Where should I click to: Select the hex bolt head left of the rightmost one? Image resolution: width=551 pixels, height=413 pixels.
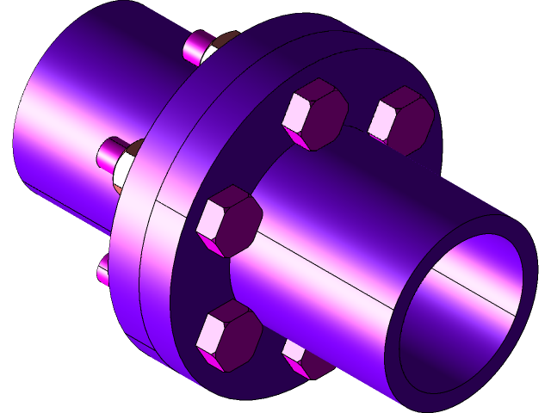point(314,114)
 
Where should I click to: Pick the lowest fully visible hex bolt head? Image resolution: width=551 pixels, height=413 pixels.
point(228,336)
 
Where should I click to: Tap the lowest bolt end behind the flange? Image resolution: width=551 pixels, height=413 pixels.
point(102,270)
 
